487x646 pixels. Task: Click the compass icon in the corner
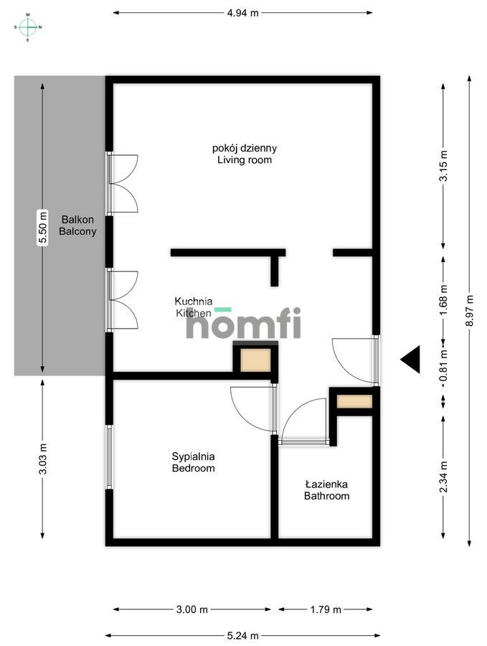[28, 27]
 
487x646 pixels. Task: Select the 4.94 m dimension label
[242, 12]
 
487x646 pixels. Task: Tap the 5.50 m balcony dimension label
[43, 228]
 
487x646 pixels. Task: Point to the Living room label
[245, 154]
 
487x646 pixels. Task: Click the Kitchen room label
[194, 307]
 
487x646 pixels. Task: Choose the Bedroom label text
[193, 462]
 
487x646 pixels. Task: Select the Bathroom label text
[326, 490]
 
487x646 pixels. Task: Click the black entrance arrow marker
[410, 359]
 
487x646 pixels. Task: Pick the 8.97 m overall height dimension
[470, 309]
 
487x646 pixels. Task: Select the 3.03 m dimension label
[43, 459]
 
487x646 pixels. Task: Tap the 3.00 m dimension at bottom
[192, 610]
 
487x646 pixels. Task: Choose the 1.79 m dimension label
[325, 610]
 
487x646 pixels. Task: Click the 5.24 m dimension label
[242, 635]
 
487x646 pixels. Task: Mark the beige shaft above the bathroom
[354, 401]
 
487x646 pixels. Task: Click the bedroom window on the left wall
[110, 457]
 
